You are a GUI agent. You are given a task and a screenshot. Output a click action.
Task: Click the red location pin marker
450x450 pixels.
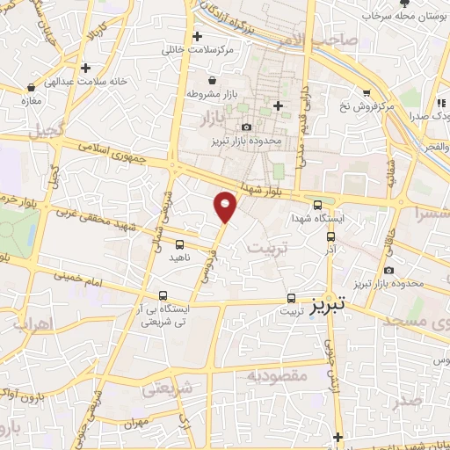tap(226, 207)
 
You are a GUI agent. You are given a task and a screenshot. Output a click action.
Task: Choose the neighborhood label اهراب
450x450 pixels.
tap(34, 324)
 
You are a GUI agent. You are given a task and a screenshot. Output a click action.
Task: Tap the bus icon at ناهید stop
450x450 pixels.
tap(179, 244)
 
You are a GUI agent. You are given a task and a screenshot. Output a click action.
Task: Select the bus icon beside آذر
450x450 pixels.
tap(330, 236)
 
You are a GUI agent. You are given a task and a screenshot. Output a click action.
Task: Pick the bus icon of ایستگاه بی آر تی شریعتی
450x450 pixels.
tap(163, 296)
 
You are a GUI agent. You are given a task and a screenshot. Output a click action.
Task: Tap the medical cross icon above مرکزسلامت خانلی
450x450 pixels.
tap(196, 38)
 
